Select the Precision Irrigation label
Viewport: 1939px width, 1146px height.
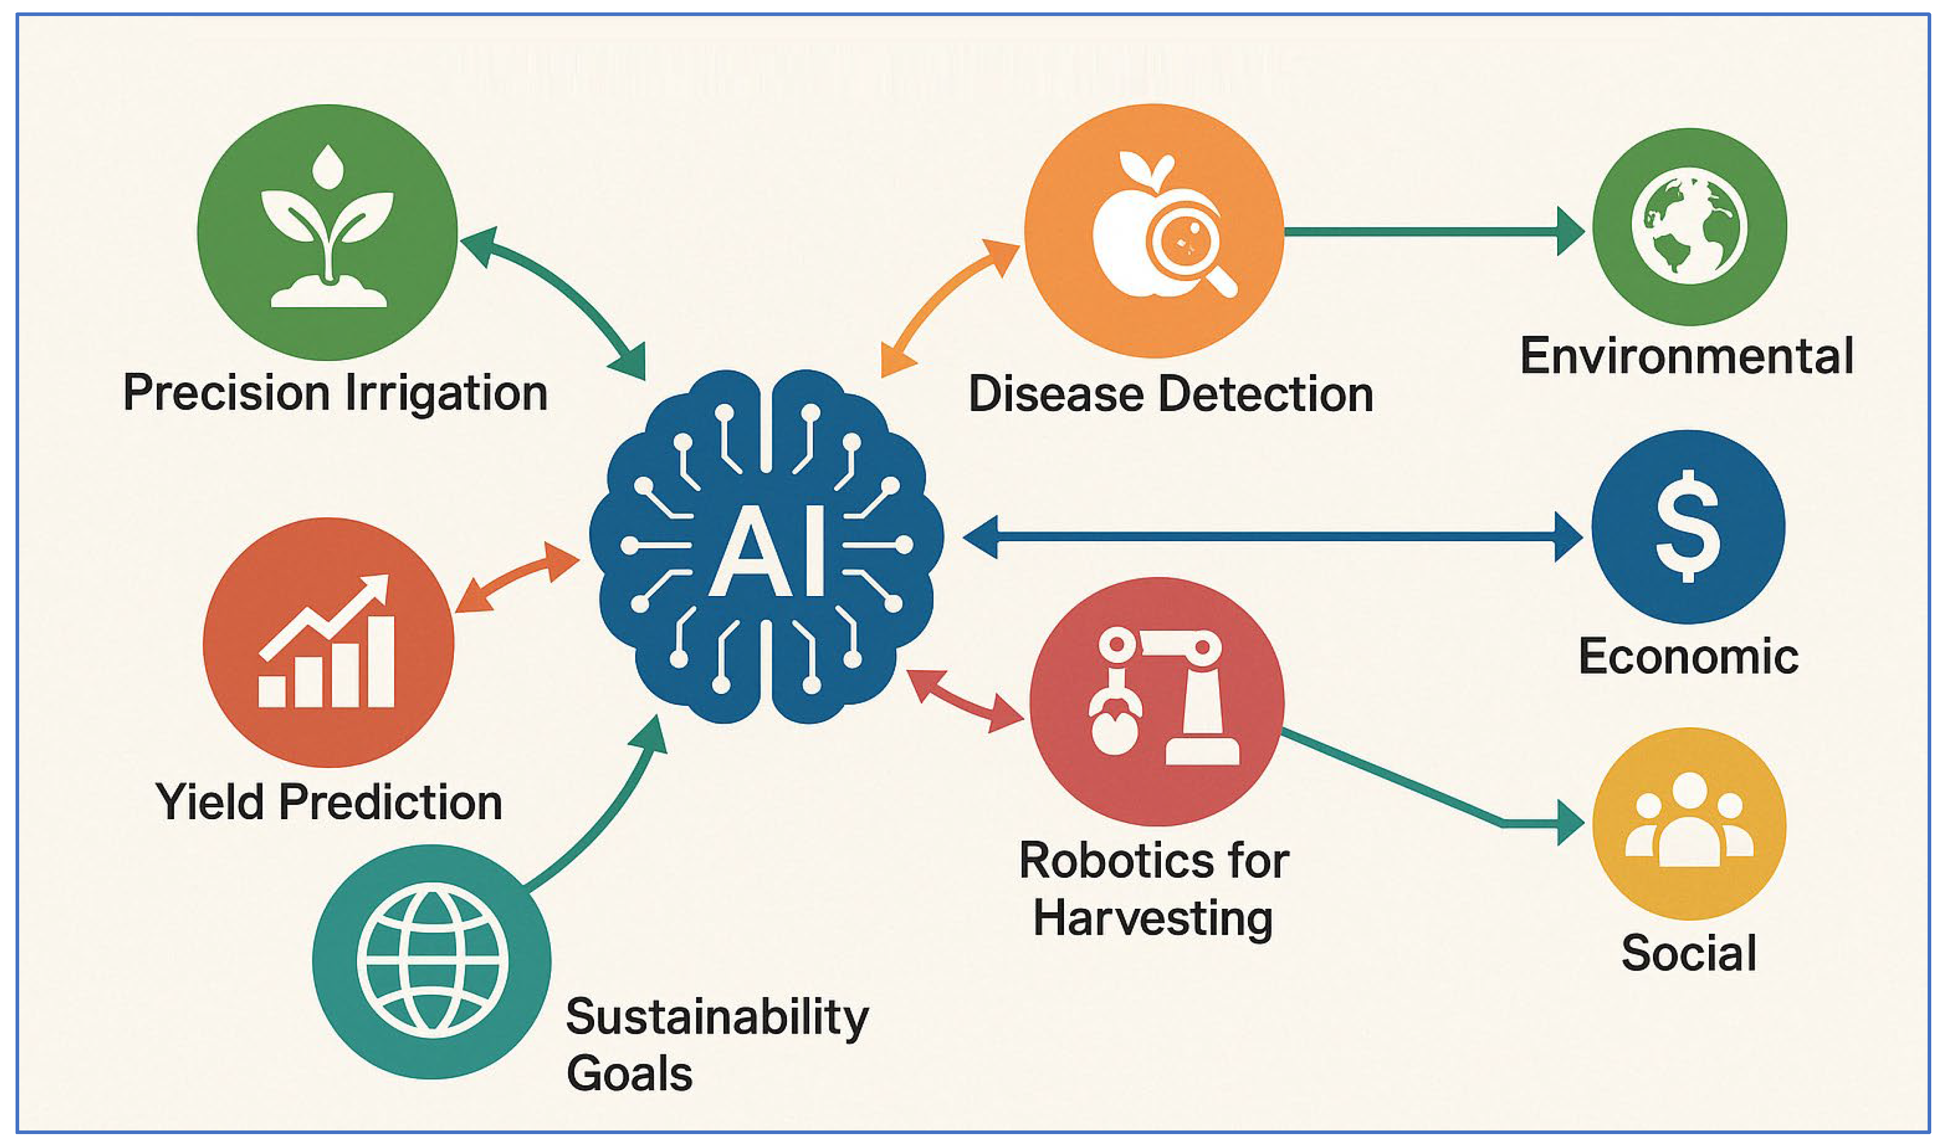point(335,393)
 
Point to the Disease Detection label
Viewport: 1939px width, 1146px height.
point(1170,395)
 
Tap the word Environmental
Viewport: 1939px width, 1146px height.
point(1686,357)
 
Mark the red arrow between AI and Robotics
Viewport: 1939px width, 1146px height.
point(965,701)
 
